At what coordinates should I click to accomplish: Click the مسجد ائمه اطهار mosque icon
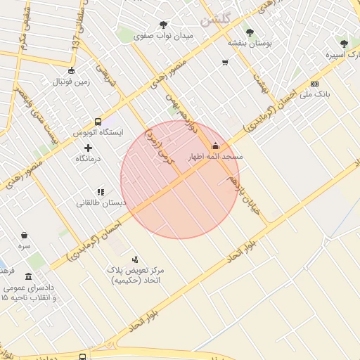tap(214, 146)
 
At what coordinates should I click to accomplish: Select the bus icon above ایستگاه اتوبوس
tap(97, 121)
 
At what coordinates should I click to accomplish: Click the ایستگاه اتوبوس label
tap(98, 131)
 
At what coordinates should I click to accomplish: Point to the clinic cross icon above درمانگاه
tap(88, 148)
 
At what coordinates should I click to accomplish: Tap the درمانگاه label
tap(88, 159)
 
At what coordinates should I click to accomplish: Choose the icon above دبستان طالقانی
tap(101, 191)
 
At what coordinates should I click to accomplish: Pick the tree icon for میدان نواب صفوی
tap(163, 25)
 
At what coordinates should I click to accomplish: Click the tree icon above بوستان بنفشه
tap(250, 32)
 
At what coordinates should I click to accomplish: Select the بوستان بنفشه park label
tap(250, 43)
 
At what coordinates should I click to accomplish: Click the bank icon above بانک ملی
tap(314, 84)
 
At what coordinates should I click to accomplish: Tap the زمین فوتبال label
tap(71, 81)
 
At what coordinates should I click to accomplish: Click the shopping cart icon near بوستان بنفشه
tap(225, 63)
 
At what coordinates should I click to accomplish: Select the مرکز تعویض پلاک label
tap(136, 270)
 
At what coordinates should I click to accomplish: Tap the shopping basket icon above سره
tap(25, 236)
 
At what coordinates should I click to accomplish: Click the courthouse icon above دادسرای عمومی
tap(28, 276)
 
